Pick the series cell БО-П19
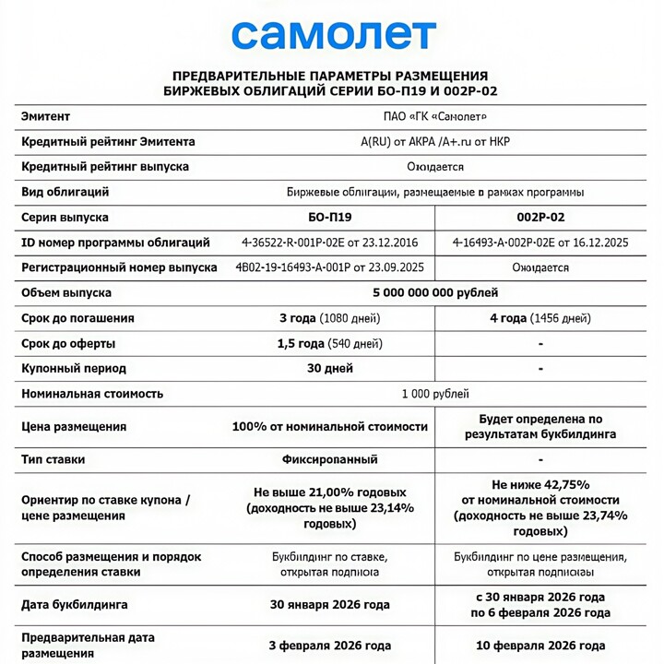[x=329, y=218]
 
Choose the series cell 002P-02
[x=540, y=218]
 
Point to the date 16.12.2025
[x=597, y=243]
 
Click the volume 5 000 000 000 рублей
[x=435, y=293]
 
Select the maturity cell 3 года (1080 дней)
[x=330, y=318]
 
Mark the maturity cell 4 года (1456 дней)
[x=540, y=318]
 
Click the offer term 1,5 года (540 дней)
[x=330, y=344]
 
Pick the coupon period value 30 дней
[x=330, y=369]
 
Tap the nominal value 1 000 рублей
[x=435, y=394]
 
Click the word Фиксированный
[x=330, y=458]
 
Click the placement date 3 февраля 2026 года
[x=330, y=646]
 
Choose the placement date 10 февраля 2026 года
[x=540, y=646]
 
